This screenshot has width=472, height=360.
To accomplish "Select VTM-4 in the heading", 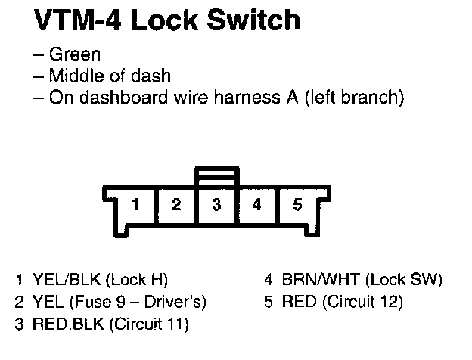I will (78, 20).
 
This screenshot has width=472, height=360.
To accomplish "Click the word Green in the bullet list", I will (74, 55).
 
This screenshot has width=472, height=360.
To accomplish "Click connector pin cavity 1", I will (135, 204).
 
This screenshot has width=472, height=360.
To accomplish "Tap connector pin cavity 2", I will (175, 204).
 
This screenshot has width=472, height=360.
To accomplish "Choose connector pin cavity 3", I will (216, 204).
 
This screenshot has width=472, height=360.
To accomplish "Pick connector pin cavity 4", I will (257, 204).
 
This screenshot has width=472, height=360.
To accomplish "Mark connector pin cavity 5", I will (298, 204).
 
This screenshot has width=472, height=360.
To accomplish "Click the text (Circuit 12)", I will (363, 302).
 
